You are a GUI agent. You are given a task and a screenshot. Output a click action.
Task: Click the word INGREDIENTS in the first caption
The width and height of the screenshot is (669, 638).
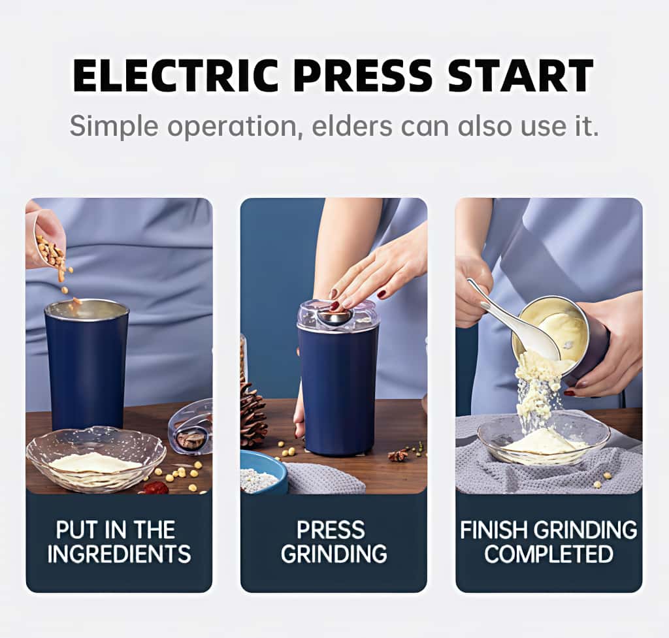point(119,554)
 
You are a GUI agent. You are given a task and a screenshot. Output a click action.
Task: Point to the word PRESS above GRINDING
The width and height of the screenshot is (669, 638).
point(334,530)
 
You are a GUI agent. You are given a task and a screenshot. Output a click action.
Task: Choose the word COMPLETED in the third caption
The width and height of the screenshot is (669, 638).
point(549,554)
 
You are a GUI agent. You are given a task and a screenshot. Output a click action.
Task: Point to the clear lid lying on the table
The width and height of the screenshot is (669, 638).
point(191,428)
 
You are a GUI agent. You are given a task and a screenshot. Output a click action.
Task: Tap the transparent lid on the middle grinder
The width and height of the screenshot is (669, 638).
point(337,315)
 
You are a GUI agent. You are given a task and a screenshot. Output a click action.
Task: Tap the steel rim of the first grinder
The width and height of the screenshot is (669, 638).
point(87,309)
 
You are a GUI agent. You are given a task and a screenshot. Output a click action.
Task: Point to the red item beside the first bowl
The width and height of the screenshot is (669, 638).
point(155,487)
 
